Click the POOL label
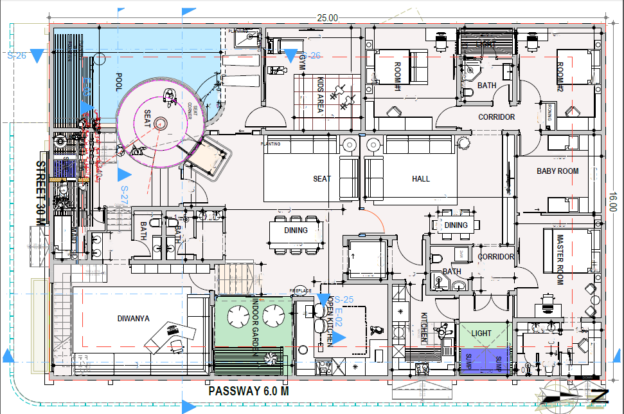coord(119,82)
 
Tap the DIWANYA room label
coord(134,317)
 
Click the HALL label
coord(421,178)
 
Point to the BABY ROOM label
coord(557,171)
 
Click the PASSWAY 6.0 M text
coord(249,391)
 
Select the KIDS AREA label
coord(319,95)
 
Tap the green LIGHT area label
coord(481,333)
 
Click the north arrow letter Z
coord(602,394)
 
